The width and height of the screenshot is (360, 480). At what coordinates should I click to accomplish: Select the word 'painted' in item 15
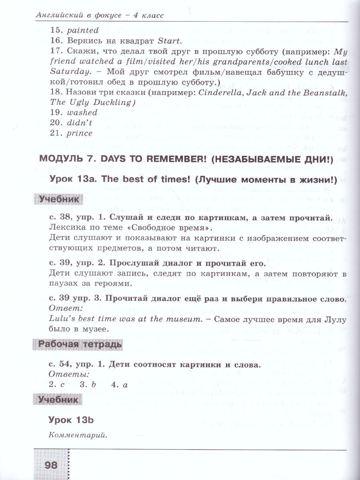(x=82, y=30)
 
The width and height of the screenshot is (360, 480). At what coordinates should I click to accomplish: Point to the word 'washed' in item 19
(x=82, y=113)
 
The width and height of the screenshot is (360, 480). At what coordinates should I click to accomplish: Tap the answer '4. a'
(x=120, y=385)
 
